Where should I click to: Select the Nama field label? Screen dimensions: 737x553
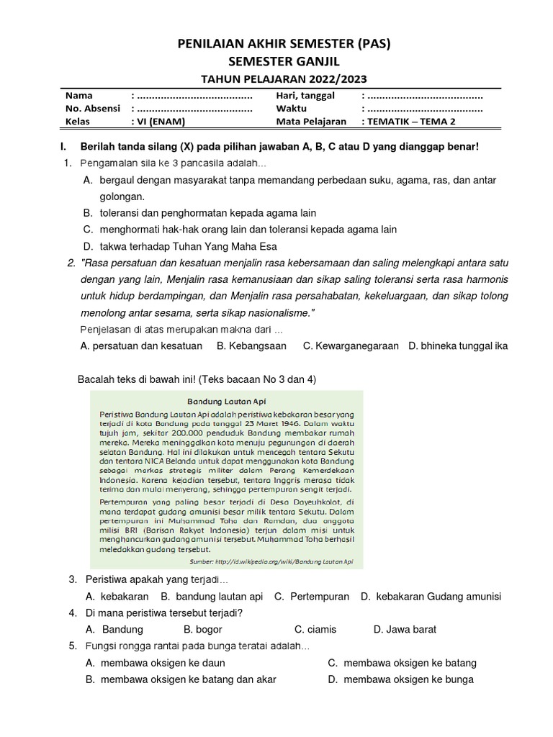pos(79,96)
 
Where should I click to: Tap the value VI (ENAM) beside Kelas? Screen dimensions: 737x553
pos(165,122)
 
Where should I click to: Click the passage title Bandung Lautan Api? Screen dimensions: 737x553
pos(225,402)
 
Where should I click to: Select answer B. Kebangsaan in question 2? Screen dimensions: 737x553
pos(251,346)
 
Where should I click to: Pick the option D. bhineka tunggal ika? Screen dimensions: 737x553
pos(457,346)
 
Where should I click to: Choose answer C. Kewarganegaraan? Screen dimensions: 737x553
pos(351,346)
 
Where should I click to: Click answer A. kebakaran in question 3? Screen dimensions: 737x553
pos(117,597)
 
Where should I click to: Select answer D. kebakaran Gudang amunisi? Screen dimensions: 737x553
pos(431,597)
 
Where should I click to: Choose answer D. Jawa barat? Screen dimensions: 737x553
pos(405,629)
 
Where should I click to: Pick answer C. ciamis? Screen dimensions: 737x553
pos(315,629)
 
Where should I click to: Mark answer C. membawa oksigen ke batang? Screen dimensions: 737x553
pos(402,663)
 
